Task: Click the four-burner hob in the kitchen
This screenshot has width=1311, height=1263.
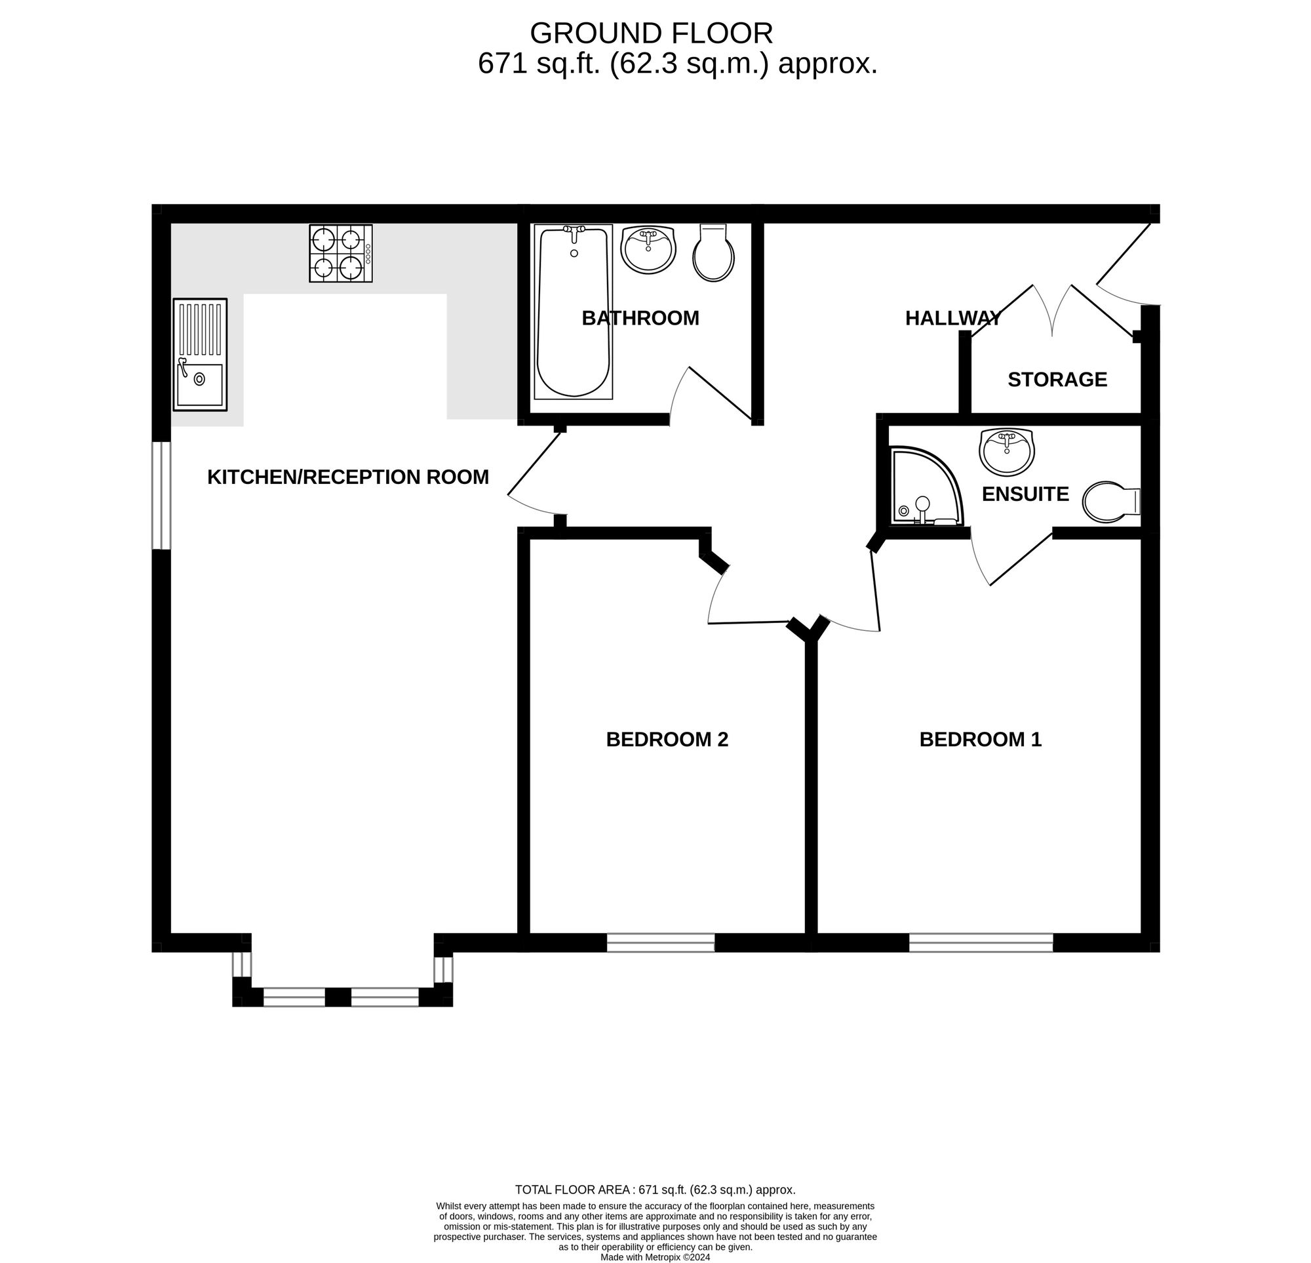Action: coord(340,253)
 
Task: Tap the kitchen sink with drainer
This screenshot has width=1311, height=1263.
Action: coord(200,354)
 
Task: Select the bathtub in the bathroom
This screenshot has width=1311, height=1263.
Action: coord(573,312)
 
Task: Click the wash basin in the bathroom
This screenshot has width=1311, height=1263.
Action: coord(648,249)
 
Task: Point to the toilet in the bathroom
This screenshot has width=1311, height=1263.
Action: coord(714,252)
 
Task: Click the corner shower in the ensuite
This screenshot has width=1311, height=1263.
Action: coord(928,485)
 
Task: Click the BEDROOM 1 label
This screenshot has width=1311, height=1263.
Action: coord(981,739)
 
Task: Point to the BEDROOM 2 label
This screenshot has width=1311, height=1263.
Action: coord(667,739)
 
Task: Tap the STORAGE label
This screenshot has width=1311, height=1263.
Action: coord(1057,380)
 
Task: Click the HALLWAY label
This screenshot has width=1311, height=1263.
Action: coord(953,318)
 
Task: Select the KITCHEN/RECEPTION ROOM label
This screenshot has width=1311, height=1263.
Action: coord(348,477)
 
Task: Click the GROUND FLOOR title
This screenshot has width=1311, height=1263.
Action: coord(652,33)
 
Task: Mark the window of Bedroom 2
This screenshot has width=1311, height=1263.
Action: coord(661,942)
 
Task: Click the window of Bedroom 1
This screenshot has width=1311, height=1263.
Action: coord(981,942)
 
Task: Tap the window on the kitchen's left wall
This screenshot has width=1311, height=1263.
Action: coord(161,495)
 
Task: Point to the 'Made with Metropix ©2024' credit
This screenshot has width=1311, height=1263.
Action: coord(655,1257)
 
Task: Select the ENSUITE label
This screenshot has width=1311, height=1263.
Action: coord(1025,494)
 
